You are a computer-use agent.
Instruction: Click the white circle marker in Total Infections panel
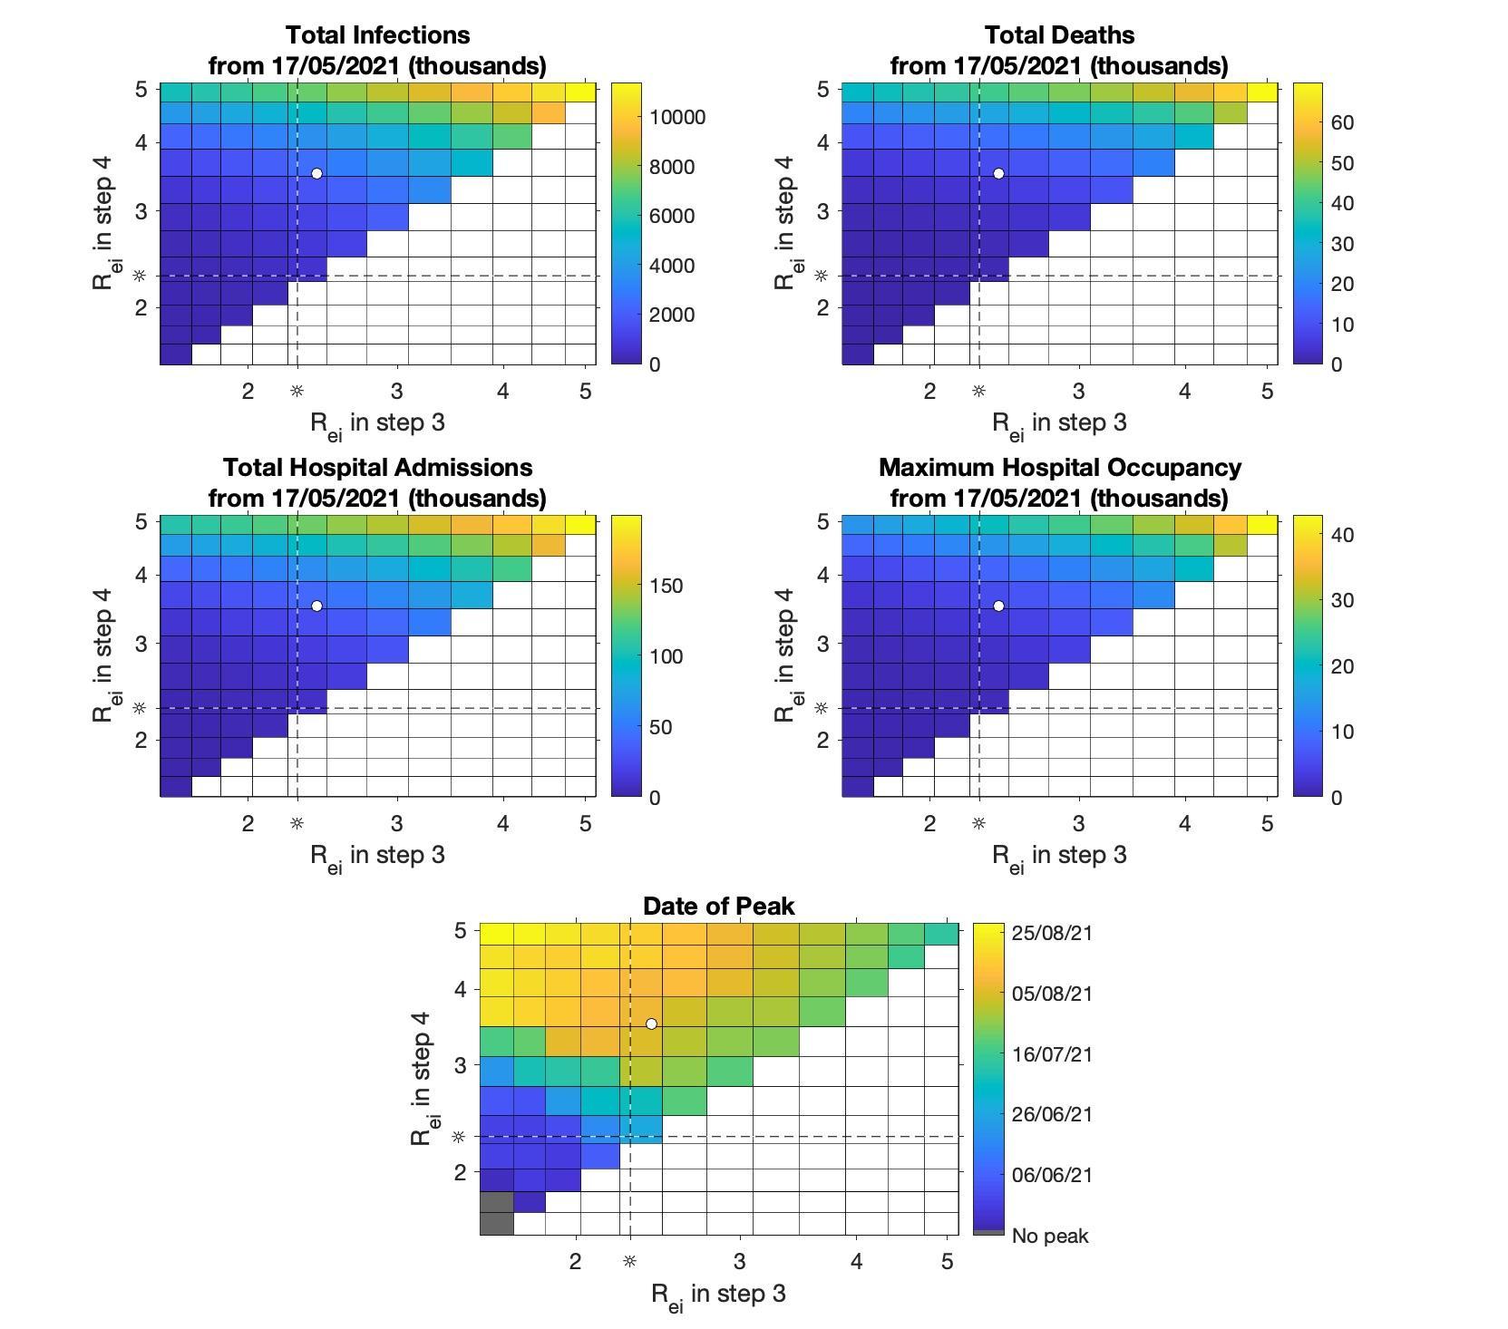316,173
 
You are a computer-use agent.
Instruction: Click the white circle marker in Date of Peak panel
651,1023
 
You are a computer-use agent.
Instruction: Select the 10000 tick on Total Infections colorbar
677,118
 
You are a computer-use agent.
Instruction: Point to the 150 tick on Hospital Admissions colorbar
666,587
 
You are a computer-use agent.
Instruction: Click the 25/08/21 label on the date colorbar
1052,933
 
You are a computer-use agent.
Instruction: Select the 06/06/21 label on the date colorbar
1052,1175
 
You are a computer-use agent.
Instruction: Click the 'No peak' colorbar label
1050,1237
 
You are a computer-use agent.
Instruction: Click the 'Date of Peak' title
718,907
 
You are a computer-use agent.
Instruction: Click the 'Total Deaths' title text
1059,35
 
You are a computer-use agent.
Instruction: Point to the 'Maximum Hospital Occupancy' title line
1059,468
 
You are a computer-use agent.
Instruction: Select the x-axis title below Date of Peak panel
718,1295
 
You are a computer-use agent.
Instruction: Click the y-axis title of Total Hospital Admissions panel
102,655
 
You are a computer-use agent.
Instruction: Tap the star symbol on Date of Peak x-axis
629,1261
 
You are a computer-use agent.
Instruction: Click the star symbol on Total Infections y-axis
140,276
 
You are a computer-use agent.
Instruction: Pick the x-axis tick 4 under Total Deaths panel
1184,392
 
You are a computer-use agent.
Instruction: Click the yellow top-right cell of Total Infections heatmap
580,92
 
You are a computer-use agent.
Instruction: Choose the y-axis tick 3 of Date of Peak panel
460,1065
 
